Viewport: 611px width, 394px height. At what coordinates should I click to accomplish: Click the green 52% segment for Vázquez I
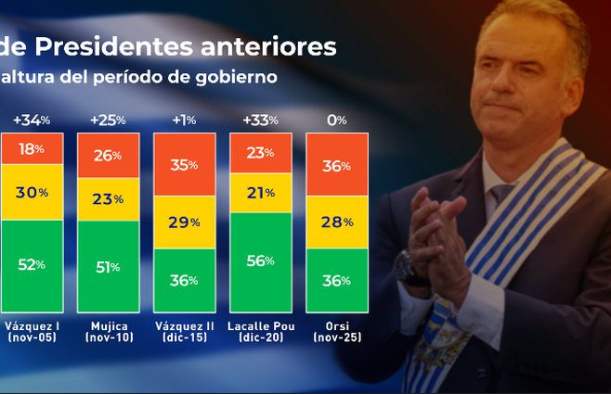click(32, 265)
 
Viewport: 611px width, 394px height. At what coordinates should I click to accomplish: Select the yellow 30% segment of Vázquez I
click(32, 192)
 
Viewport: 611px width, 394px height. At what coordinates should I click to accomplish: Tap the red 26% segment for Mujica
click(108, 155)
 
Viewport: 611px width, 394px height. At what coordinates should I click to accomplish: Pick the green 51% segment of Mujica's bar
click(108, 268)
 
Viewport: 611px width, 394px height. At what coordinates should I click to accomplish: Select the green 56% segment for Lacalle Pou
click(260, 261)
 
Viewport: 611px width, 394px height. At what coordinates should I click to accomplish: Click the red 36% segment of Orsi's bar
click(336, 166)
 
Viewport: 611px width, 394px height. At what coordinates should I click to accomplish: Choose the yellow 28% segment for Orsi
click(336, 222)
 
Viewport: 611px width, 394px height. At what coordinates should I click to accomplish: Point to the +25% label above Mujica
click(107, 121)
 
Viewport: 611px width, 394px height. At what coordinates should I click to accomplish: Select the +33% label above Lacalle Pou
click(259, 121)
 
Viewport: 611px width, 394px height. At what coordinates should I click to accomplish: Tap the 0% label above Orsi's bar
click(336, 121)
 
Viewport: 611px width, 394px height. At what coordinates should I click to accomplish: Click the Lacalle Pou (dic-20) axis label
click(260, 332)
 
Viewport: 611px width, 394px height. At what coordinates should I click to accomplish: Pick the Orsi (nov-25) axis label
click(336, 332)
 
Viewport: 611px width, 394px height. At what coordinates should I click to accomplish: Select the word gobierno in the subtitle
click(236, 77)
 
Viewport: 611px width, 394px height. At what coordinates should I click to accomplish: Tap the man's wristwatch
click(405, 267)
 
